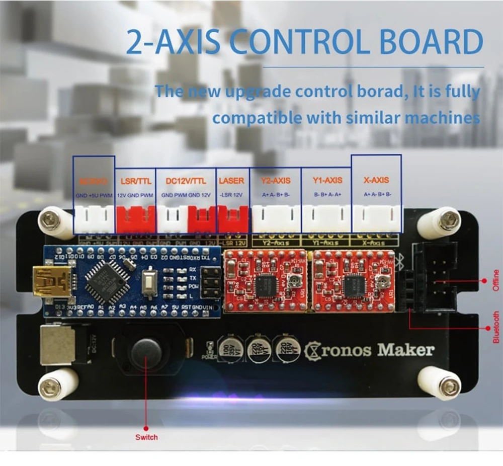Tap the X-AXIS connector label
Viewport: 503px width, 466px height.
[376, 180]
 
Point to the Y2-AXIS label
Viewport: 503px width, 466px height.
[276, 180]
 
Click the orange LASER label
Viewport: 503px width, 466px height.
[232, 180]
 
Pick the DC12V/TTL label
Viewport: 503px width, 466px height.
[186, 180]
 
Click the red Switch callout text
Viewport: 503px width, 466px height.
[146, 437]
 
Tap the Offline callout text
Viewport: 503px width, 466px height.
[495, 280]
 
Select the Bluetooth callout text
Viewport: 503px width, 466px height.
[495, 327]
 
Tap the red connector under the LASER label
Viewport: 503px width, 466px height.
[232, 220]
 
